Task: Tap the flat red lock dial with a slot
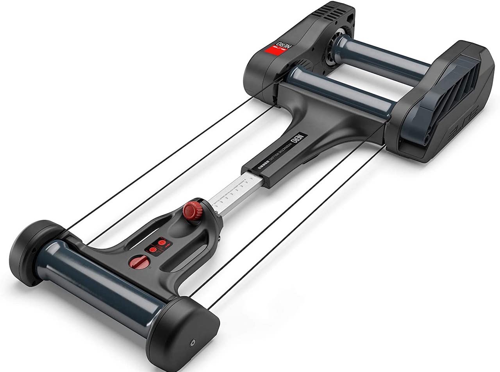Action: [x=141, y=261]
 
